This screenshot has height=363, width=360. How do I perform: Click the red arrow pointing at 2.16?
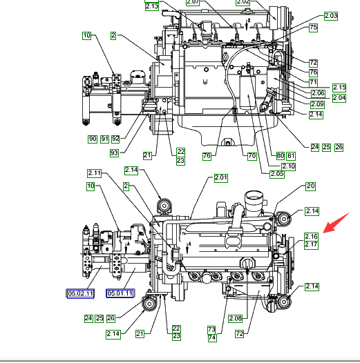tap(336, 223)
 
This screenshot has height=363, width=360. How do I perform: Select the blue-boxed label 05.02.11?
tap(80, 293)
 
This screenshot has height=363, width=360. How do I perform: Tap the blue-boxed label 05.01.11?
tap(120, 293)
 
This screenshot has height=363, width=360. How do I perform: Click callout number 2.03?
tap(331, 16)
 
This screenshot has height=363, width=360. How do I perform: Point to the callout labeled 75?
tap(313, 28)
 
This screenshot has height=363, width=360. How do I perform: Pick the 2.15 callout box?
tap(339, 88)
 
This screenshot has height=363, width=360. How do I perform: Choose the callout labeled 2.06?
tap(318, 93)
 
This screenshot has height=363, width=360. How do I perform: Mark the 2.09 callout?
tap(317, 104)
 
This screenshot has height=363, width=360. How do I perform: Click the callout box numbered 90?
tap(93, 139)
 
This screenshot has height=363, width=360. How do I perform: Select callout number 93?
tap(114, 153)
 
